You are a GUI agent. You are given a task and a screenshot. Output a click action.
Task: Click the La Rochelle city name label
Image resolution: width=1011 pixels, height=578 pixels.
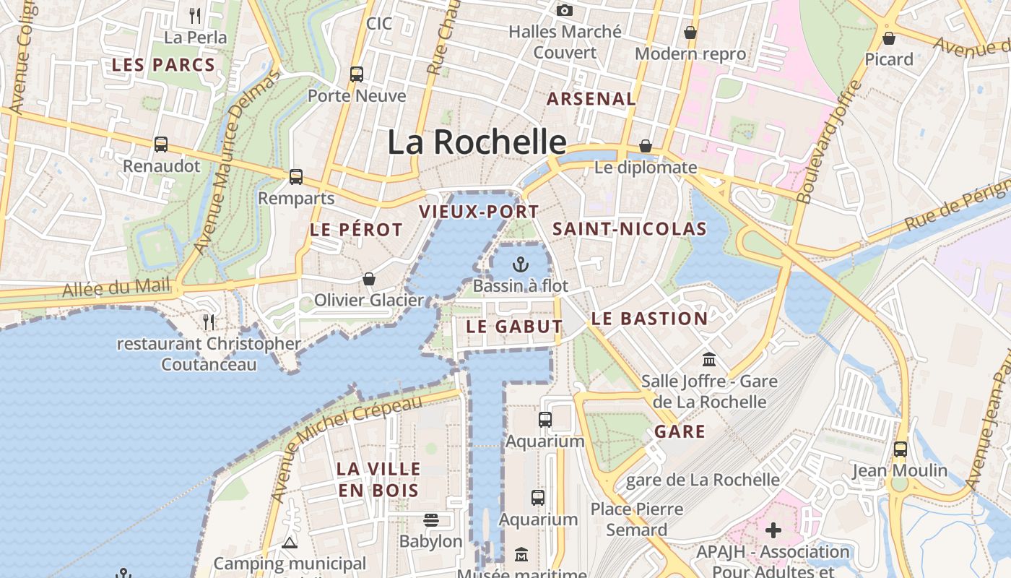click(477, 142)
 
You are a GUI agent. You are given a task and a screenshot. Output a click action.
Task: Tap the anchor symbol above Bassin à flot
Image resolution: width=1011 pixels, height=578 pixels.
click(520, 264)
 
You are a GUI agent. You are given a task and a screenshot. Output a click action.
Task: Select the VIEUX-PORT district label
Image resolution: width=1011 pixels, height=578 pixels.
click(479, 212)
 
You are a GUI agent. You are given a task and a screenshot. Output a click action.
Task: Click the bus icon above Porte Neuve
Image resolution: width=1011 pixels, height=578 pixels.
click(357, 74)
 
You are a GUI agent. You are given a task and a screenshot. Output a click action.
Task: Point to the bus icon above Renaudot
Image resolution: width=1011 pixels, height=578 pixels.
click(160, 144)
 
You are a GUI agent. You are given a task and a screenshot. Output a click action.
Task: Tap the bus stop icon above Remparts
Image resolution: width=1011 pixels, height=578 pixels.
click(295, 176)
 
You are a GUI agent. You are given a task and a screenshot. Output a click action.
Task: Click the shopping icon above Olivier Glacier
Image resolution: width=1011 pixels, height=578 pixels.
click(368, 279)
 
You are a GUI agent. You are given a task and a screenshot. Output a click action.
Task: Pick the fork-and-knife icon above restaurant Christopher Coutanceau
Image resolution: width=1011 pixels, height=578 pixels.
click(209, 322)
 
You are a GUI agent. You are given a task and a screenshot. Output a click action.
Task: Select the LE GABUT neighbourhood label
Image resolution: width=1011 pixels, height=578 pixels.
click(513, 327)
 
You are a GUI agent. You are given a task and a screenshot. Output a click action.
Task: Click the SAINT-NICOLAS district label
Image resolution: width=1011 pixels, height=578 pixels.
click(629, 229)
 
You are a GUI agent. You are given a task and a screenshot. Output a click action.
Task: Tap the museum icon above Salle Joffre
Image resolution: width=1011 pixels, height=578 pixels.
click(709, 359)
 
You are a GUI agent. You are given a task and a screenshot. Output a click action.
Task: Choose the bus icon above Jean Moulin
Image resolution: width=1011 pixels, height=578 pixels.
click(900, 449)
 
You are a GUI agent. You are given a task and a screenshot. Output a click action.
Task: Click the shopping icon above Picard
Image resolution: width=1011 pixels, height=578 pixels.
click(889, 38)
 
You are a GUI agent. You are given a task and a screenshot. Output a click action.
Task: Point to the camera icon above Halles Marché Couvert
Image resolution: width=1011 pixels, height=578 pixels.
click(564, 10)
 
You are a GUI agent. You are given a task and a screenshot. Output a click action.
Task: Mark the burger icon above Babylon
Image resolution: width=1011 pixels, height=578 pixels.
click(431, 519)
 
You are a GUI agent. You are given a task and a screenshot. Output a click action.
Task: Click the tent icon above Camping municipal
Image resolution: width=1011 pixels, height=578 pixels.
click(290, 542)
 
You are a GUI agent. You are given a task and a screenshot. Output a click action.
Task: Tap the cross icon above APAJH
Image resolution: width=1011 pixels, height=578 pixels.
click(773, 531)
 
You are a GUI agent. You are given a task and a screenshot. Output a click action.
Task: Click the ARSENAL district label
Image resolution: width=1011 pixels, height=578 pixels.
click(591, 99)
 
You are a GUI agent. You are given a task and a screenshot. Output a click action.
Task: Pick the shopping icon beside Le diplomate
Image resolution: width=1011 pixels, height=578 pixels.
click(645, 146)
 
